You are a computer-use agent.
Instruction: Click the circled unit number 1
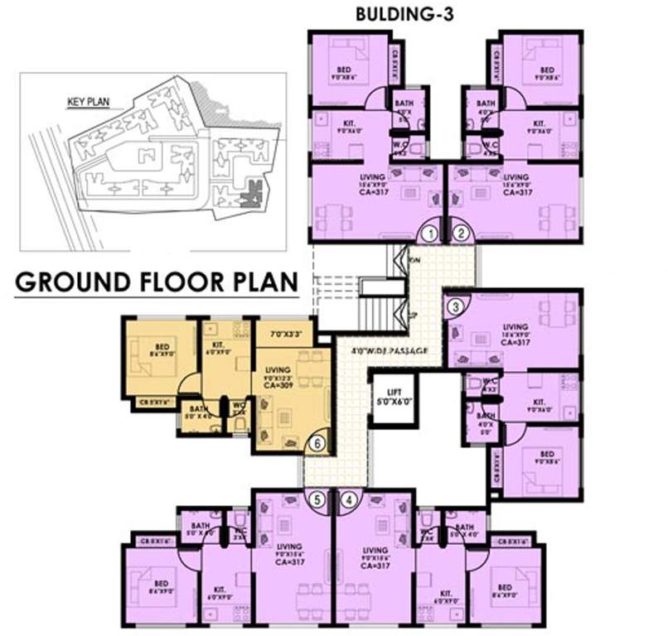pyautogui.click(x=428, y=234)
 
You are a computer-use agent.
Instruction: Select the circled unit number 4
pyautogui.click(x=350, y=499)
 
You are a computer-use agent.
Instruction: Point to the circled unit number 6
pyautogui.click(x=316, y=444)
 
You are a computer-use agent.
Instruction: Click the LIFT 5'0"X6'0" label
pyautogui.click(x=389, y=399)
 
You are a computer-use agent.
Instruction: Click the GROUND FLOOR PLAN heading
pyautogui.click(x=157, y=282)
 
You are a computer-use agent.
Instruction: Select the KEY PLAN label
pyautogui.click(x=88, y=104)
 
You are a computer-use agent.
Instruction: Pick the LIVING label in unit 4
pyautogui.click(x=375, y=550)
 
